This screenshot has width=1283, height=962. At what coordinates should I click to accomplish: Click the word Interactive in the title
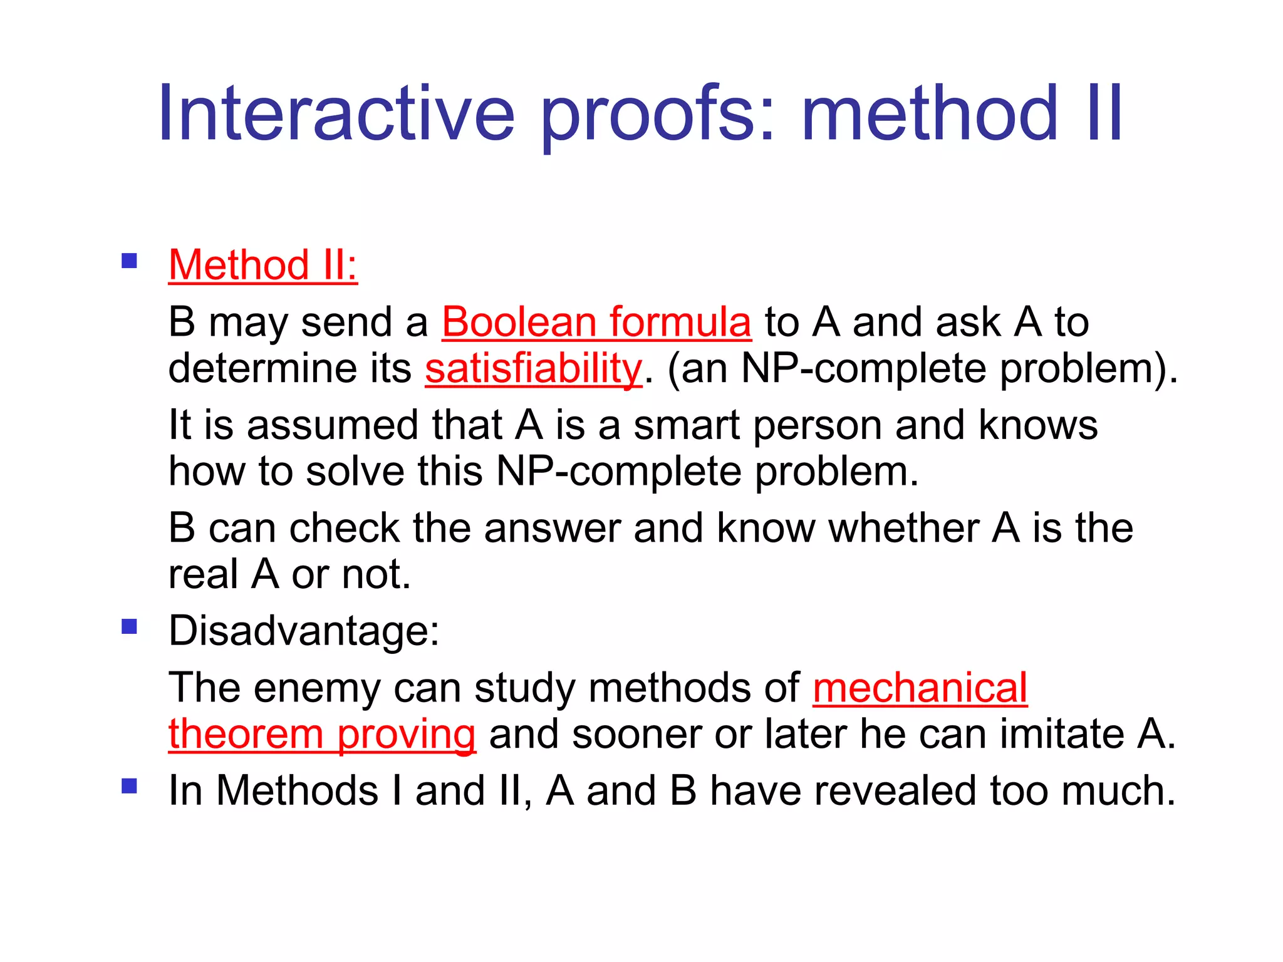click(x=336, y=114)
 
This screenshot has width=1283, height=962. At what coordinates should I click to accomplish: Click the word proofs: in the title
click(x=658, y=114)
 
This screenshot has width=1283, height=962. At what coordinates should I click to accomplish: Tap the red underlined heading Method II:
click(x=262, y=265)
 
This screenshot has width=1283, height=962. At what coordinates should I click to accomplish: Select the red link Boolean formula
click(x=596, y=323)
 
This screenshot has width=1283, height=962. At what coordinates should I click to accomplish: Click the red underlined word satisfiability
click(x=533, y=368)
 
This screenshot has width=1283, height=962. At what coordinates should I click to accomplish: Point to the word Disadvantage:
click(x=304, y=631)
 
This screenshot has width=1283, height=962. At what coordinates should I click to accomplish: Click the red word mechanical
click(x=920, y=688)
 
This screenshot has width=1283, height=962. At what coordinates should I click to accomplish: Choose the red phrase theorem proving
click(x=322, y=734)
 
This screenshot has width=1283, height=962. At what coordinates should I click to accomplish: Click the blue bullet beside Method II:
click(x=130, y=261)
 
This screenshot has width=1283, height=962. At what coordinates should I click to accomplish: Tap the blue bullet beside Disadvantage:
click(x=130, y=626)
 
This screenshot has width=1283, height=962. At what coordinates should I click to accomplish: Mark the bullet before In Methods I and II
click(x=130, y=786)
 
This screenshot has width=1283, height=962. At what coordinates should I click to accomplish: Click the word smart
click(x=687, y=426)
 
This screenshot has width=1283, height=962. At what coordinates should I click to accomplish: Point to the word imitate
click(x=1062, y=734)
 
